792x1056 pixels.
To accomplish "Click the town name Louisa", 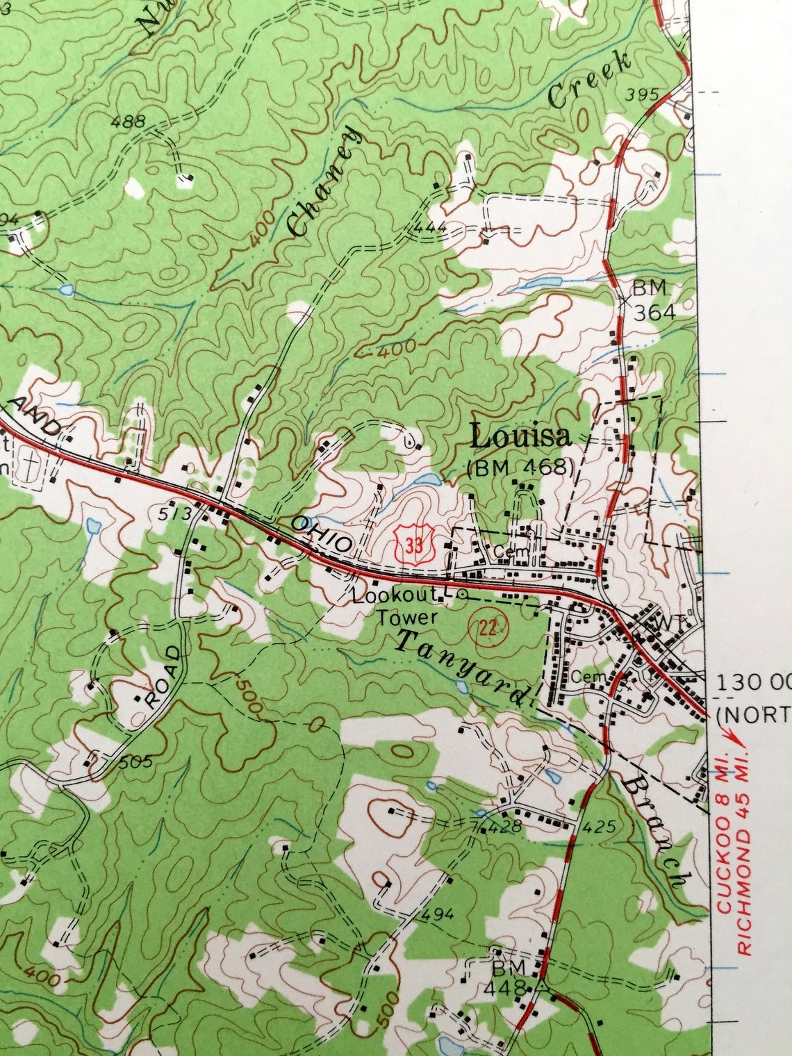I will point(520,436).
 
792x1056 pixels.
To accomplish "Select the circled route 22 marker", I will point(489,628).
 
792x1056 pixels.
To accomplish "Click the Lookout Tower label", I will point(395,606).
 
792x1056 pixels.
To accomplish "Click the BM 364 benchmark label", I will point(652,299).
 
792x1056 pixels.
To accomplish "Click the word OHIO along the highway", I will point(322,535).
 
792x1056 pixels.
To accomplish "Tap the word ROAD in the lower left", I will point(164,676).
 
